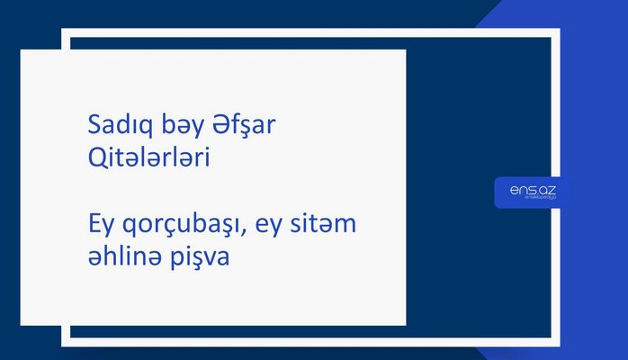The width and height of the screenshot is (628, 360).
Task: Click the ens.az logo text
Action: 527,188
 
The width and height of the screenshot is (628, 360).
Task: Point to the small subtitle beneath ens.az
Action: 527,199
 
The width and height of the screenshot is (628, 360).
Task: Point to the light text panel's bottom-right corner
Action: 405,324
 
